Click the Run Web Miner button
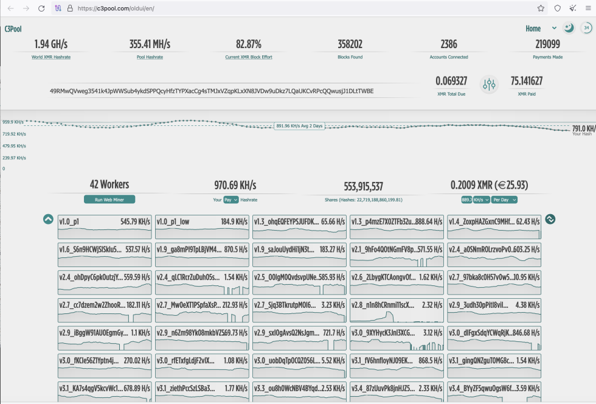[109, 200]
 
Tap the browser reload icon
[41, 9]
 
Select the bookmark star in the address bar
[541, 9]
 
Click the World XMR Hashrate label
[51, 57]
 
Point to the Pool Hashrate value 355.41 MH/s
[150, 44]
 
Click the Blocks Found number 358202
[350, 44]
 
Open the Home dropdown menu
[541, 29]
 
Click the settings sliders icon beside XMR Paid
[489, 85]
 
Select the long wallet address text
[212, 91]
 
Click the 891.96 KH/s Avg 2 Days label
[299, 126]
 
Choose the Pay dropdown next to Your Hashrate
[231, 200]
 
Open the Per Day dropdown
[505, 200]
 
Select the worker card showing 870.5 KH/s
[202, 255]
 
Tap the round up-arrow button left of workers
[48, 219]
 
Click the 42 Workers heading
[109, 185]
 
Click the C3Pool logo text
[13, 29]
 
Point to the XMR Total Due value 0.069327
[451, 81]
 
